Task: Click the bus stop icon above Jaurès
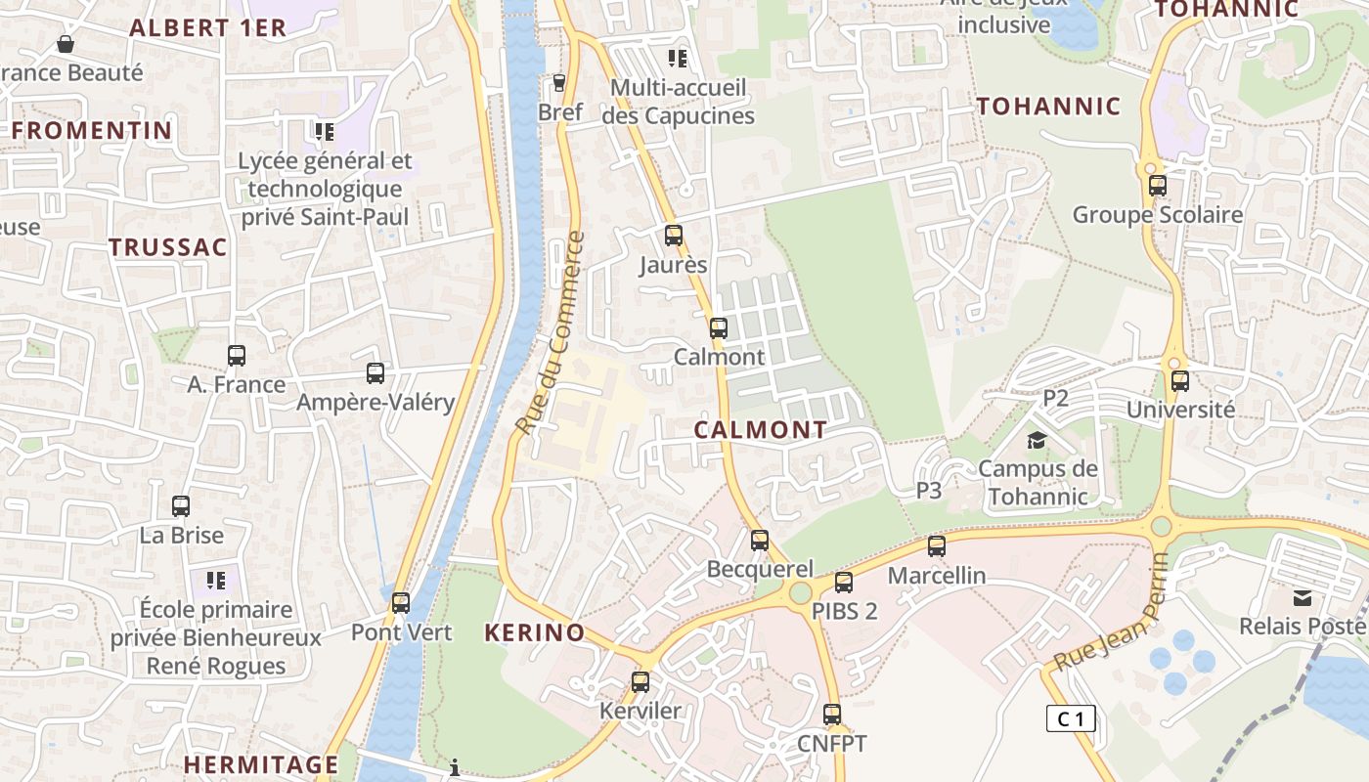click(x=673, y=236)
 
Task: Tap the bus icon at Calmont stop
click(x=719, y=328)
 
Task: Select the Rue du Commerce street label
click(x=550, y=333)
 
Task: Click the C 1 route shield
click(x=1071, y=719)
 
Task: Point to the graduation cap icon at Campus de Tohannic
click(x=1036, y=441)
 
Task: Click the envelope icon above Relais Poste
click(x=1302, y=597)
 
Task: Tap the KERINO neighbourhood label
click(x=534, y=632)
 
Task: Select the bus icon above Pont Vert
click(x=401, y=603)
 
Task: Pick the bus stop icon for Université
click(x=1180, y=381)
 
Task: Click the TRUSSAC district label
click(x=168, y=247)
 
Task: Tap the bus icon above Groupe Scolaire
click(x=1158, y=186)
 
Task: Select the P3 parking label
click(x=928, y=491)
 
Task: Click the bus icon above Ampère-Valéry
click(x=375, y=373)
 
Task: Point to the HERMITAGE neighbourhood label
click(x=261, y=764)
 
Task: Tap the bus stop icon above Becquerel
click(x=760, y=540)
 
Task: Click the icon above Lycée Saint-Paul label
click(x=324, y=131)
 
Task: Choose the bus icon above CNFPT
click(x=832, y=715)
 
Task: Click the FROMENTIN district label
click(x=92, y=130)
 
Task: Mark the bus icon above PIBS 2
click(x=844, y=583)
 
